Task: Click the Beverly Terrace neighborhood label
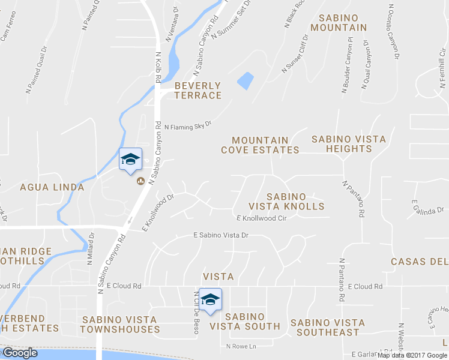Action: click(198, 91)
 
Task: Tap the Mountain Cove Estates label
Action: click(260, 145)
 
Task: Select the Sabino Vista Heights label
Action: click(349, 144)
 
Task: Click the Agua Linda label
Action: click(52, 187)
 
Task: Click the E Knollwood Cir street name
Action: click(261, 218)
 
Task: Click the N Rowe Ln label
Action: click(241, 346)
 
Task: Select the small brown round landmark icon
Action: click(142, 181)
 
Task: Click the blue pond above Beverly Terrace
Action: click(245, 80)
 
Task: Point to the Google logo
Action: click(20, 353)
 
